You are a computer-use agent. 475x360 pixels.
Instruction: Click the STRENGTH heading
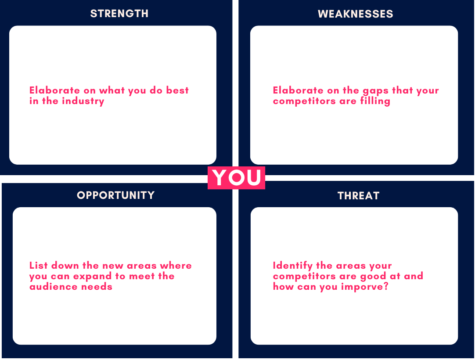coord(119,14)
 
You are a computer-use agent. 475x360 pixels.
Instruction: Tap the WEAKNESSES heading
coord(355,14)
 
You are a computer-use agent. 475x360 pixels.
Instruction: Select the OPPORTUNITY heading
coord(116,195)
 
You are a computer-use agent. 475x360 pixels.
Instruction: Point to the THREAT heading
coord(358,196)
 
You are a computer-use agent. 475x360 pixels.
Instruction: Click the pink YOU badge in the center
coord(236,177)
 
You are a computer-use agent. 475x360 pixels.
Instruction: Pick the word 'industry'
coord(83,101)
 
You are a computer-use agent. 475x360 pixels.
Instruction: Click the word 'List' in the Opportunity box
coord(39,266)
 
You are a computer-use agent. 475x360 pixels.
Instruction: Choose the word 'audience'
coord(50,287)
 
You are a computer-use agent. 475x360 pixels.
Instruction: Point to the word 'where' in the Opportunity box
coord(176,266)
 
